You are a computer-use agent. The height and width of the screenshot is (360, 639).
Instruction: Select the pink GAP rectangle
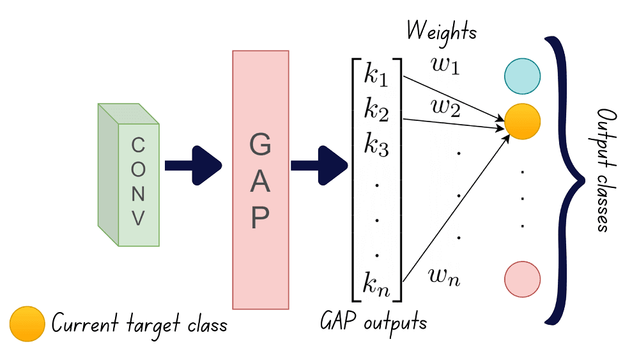point(260,179)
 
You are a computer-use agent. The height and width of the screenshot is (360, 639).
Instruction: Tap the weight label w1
point(445,67)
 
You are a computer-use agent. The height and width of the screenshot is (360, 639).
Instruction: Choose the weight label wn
point(443,277)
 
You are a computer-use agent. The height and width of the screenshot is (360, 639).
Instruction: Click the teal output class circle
point(522,75)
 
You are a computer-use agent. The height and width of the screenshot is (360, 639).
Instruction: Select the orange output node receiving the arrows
point(522,121)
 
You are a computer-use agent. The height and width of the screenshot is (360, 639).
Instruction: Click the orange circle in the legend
point(27,324)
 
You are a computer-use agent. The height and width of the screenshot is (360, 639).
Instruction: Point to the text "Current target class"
point(139,324)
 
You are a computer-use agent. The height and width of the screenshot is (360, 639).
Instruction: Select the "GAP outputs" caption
point(373,321)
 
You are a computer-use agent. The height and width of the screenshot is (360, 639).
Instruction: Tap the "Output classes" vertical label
point(603,170)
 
